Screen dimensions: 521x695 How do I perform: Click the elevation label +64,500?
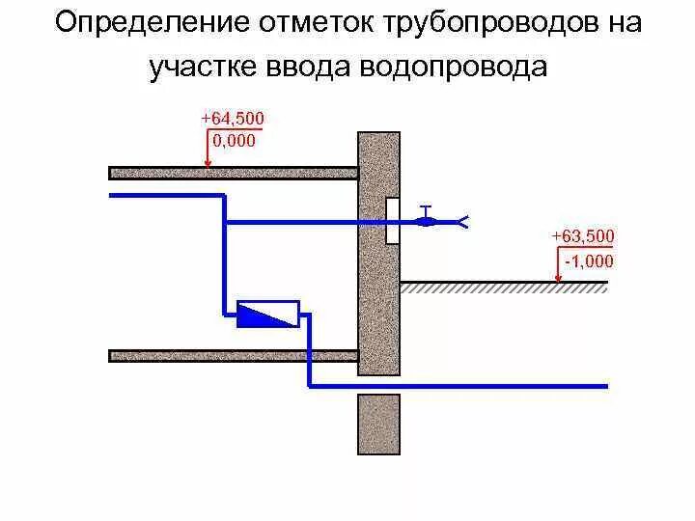(x=232, y=119)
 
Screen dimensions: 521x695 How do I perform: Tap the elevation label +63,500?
(x=582, y=236)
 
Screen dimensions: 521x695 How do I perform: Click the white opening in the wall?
(x=393, y=220)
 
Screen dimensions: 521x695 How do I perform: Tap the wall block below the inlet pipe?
(x=378, y=424)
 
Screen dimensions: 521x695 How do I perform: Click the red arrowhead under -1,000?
(x=559, y=278)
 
